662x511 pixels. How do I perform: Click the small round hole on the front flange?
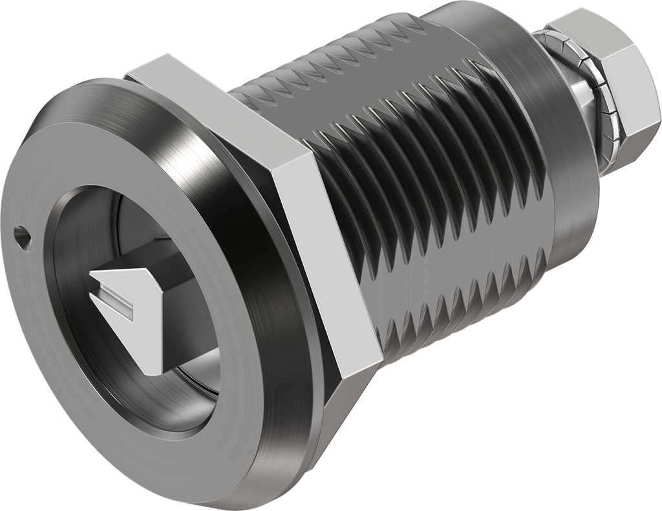(x=22, y=230)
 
